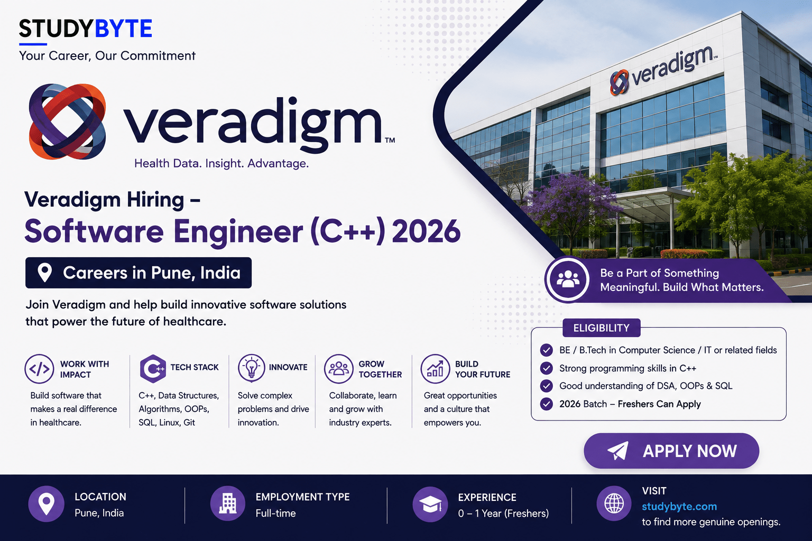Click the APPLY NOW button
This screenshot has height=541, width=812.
click(671, 451)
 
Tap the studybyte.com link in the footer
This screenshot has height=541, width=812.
click(679, 506)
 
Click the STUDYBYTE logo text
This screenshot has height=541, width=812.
click(86, 29)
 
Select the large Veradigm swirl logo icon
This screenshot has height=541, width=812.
click(68, 122)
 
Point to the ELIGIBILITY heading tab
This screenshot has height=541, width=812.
click(602, 328)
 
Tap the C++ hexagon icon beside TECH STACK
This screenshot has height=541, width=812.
click(153, 369)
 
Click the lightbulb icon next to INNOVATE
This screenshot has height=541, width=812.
click(252, 368)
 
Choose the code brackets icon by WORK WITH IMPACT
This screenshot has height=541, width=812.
click(39, 369)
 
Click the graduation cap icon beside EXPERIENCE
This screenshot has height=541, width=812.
click(430, 505)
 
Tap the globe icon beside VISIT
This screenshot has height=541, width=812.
click(614, 503)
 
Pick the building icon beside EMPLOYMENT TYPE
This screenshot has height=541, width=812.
click(228, 503)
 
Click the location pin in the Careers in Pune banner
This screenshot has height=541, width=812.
click(44, 273)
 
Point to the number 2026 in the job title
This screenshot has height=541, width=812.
click(426, 231)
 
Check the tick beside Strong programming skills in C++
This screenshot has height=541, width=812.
click(546, 368)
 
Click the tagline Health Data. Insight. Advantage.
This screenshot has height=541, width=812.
click(222, 163)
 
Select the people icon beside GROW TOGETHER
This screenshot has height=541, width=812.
click(338, 369)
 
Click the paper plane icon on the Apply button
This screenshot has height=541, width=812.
click(618, 451)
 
